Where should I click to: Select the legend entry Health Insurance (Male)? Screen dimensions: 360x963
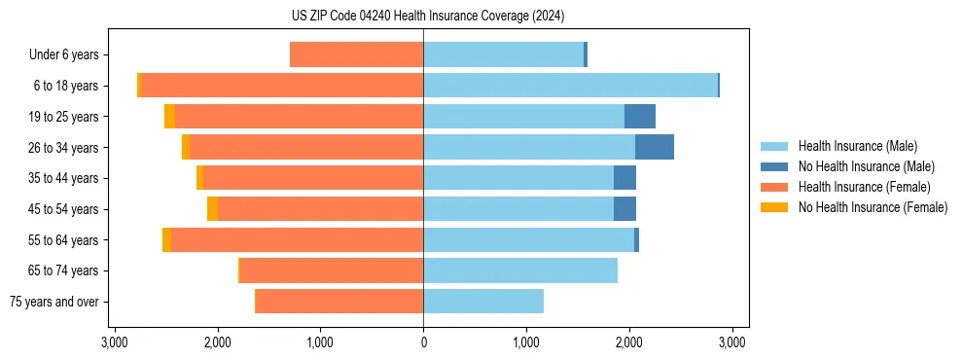857,146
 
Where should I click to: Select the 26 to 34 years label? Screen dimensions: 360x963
63,148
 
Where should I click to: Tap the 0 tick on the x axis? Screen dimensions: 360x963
423,342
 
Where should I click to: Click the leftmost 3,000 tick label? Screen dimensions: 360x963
115,342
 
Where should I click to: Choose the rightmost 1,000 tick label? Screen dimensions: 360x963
526,342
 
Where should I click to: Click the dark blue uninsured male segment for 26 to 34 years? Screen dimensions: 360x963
655,148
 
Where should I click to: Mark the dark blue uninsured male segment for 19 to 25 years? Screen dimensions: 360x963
640,117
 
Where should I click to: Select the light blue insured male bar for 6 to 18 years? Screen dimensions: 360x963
570,86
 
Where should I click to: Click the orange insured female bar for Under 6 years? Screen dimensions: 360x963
356,55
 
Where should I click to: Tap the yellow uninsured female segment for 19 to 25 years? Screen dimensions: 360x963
169,117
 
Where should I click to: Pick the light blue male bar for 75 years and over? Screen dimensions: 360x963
483,302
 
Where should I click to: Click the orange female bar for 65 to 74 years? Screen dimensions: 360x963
332,270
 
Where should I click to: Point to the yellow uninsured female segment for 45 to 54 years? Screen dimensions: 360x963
212,209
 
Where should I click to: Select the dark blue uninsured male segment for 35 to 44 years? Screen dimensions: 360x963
624,178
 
